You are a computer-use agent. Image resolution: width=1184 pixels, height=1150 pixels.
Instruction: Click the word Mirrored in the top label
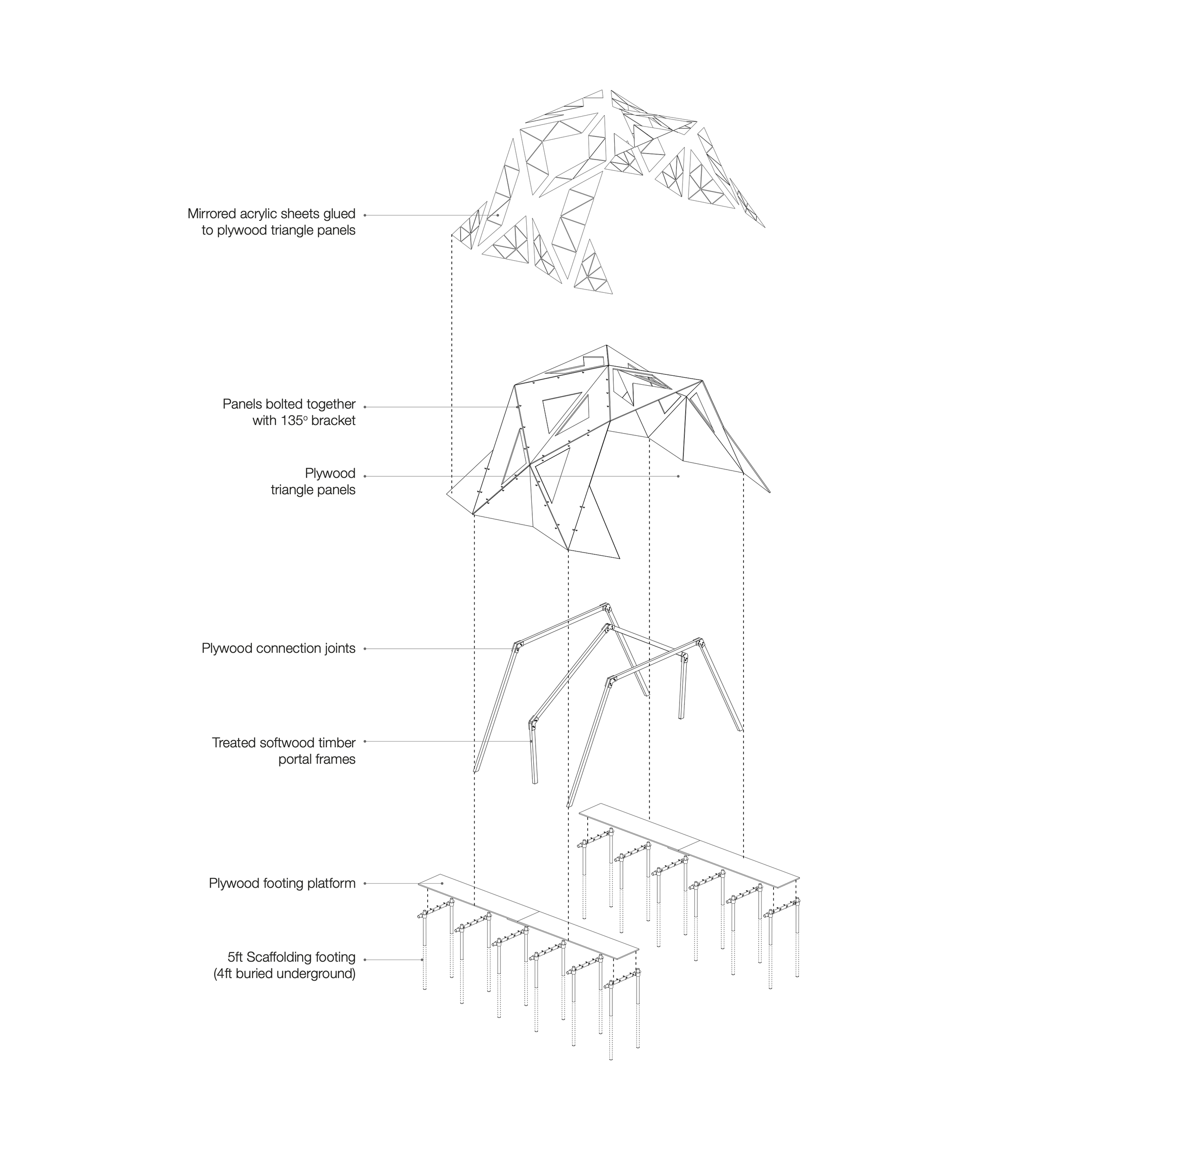(211, 214)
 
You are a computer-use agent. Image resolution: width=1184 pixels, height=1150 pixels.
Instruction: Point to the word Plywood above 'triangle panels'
(330, 473)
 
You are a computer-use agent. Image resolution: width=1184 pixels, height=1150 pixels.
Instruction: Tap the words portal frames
(316, 759)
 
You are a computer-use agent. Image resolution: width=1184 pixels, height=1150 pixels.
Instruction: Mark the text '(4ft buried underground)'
(284, 974)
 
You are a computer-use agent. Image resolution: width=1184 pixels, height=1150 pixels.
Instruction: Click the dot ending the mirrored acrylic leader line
(498, 215)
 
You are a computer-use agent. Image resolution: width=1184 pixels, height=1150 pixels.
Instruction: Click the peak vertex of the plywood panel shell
(607, 346)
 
